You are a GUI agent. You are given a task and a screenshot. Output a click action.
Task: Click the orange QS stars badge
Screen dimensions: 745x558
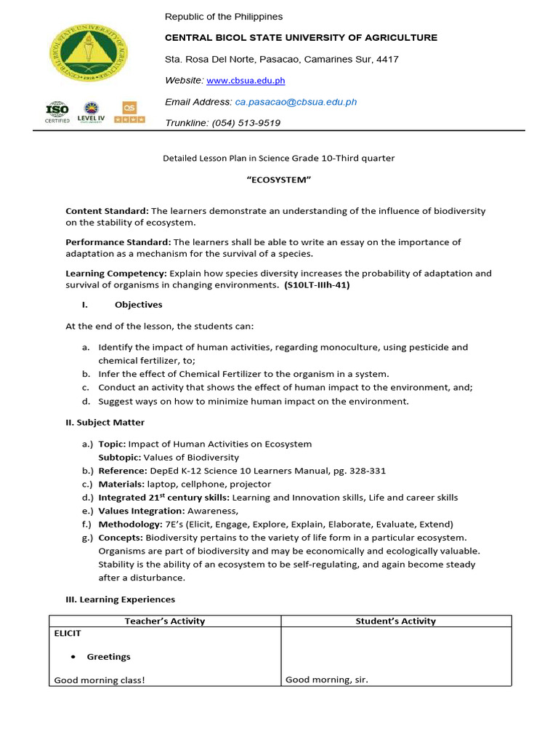coord(131,112)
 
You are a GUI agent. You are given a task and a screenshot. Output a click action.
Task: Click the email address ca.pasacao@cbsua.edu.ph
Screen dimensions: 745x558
coord(295,102)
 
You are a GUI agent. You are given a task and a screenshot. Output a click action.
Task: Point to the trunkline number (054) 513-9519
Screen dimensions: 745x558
coord(246,123)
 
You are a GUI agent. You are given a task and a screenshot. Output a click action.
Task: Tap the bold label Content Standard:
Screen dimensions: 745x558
coord(107,211)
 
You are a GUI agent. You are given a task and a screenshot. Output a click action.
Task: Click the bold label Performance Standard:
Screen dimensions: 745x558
coord(118,242)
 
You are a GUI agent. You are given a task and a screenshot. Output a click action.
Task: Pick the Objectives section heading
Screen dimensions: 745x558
coord(138,305)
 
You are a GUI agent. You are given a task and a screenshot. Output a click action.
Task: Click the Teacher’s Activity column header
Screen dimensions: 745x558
coord(165,621)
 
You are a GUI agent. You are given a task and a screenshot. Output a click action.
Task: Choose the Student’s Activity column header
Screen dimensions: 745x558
coord(395,621)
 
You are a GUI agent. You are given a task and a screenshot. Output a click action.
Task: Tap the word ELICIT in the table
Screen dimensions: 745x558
coord(68,634)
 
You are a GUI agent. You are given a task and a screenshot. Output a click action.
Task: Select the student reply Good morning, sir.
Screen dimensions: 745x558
coord(326,680)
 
